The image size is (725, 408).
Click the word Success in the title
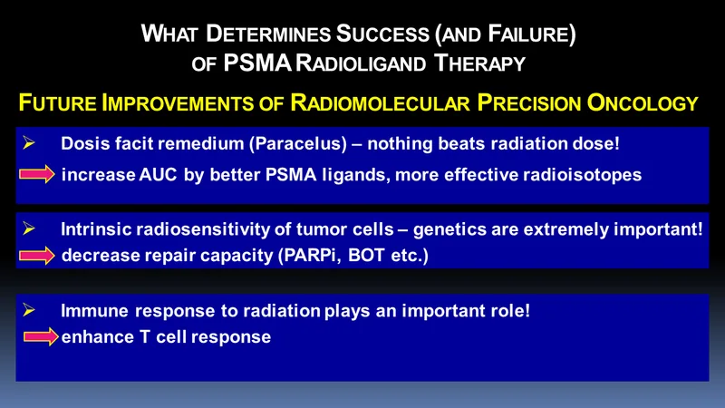click(382, 34)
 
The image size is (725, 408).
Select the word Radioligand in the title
click(361, 63)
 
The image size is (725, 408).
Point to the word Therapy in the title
click(480, 63)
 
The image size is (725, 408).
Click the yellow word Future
click(57, 102)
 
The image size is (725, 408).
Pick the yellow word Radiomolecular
click(380, 102)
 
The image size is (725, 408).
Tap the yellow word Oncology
click(643, 102)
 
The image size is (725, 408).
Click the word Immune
click(94, 310)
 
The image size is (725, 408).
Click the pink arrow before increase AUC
click(37, 174)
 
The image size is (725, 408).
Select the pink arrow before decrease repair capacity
click(37, 256)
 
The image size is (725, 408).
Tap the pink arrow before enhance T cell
click(41, 336)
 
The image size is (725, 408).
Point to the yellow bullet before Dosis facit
click(29, 143)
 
